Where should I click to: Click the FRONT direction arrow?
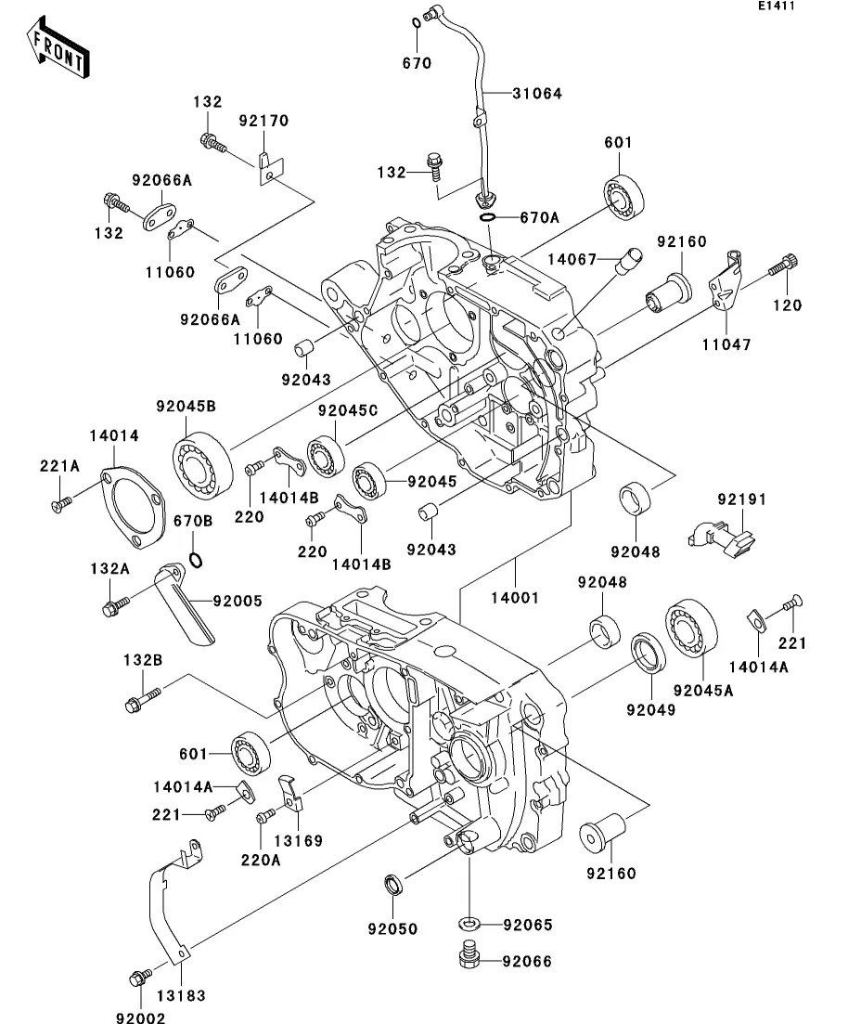coord(58,49)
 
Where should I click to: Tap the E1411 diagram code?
coord(777,6)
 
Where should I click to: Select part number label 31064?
coord(536,94)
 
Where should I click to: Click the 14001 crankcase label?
coord(515,598)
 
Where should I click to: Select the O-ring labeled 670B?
coord(196,559)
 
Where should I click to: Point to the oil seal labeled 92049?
coord(649,652)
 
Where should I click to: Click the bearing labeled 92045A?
coord(691,627)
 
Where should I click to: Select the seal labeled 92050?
coord(393,884)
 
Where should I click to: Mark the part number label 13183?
coord(181,996)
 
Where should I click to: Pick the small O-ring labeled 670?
coord(416,24)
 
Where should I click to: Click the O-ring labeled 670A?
coord(488,217)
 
